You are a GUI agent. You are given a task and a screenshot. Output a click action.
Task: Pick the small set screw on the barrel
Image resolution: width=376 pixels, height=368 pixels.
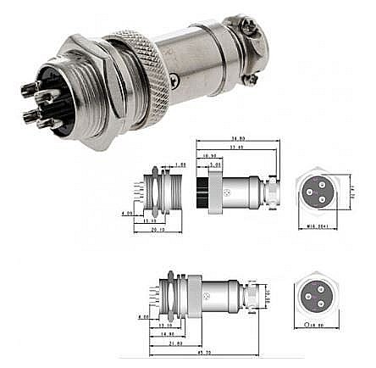point(174,78)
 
